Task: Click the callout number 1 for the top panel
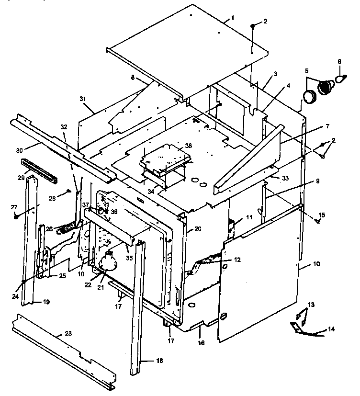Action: click(232, 18)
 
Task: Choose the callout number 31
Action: click(83, 99)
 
